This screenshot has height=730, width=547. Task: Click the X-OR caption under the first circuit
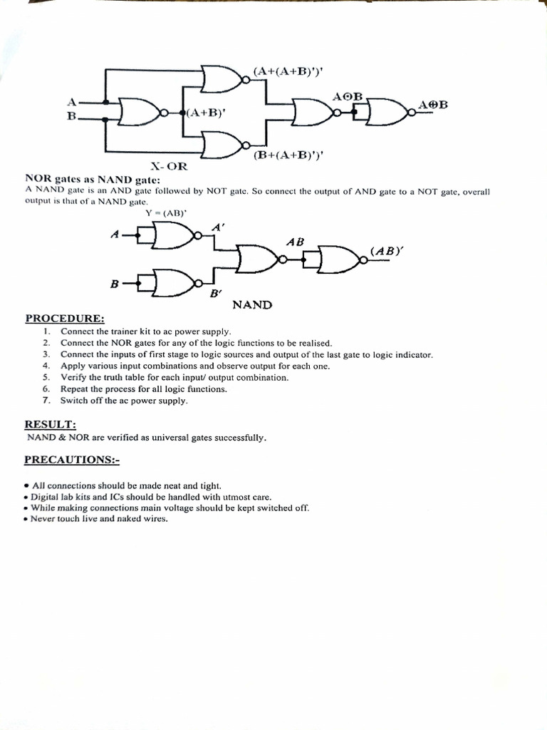coord(168,167)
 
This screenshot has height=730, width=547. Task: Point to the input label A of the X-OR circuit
coord(71,102)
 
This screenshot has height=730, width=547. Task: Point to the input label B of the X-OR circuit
coord(71,116)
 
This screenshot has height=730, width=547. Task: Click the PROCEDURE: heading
coord(65,318)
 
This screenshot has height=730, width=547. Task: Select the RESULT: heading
coord(50,424)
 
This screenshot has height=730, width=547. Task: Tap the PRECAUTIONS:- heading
coord(71,460)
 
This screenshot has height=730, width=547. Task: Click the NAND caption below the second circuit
coord(252,305)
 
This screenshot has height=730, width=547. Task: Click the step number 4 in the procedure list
coord(45,366)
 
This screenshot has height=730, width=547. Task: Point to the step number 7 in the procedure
coord(45,401)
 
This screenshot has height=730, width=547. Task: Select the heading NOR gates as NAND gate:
coord(93,179)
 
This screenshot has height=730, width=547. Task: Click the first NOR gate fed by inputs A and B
coord(142,112)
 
